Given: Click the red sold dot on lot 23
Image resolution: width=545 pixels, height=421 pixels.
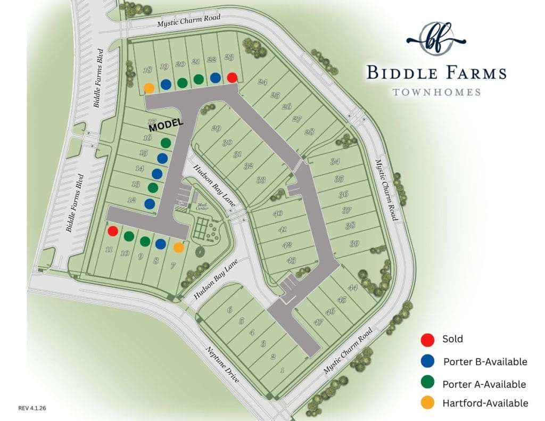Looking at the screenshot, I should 232,78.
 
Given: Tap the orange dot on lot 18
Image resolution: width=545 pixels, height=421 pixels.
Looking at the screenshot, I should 150,87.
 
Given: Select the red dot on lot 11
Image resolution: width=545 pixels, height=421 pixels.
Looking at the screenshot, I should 112,231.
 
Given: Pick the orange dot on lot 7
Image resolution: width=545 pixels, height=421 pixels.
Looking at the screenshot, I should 178,247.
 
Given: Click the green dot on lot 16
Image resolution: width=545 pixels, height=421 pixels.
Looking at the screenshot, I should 166,143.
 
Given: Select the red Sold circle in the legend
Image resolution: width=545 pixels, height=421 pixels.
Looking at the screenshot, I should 427,339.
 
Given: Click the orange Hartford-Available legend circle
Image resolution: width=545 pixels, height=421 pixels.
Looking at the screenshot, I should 427,403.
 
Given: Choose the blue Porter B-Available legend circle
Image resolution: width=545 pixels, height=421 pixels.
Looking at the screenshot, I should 427,361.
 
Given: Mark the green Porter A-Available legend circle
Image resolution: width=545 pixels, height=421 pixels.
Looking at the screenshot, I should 427,383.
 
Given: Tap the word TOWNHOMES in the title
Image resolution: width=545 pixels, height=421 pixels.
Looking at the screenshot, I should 436,92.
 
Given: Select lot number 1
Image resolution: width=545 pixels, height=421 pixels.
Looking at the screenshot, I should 283,370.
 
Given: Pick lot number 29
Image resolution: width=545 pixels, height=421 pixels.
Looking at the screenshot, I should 216,128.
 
